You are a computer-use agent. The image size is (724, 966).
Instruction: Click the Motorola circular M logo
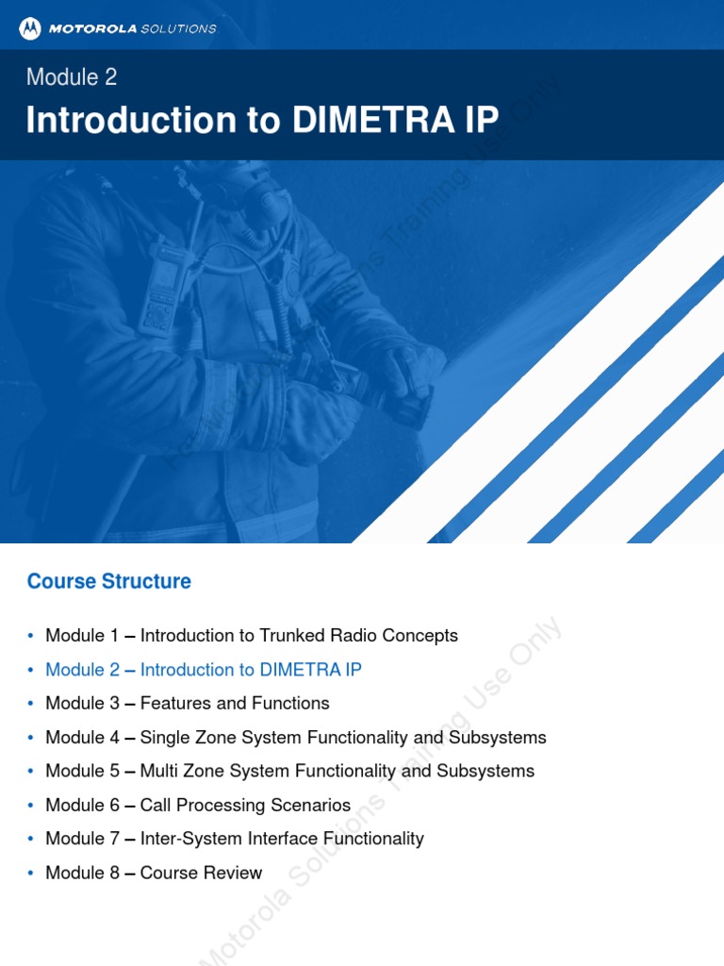pos(30,28)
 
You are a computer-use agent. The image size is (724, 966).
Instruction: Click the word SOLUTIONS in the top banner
pos(178,28)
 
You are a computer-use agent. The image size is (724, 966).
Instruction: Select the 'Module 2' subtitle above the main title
pos(72,77)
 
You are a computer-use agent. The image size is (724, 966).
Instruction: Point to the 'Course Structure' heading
pos(109,581)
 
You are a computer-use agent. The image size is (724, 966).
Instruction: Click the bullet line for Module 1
pos(251,636)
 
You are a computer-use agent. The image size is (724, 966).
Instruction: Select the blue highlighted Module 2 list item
pos(203,670)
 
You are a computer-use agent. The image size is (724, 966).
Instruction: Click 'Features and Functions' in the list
pos(235,704)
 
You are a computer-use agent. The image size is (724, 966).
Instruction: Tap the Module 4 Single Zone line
pos(295,738)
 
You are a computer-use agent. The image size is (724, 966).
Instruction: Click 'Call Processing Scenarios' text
pos(245,806)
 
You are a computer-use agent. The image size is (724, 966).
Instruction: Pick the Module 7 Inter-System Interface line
pos(235,840)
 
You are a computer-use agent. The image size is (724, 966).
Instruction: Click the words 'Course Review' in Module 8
pos(201,874)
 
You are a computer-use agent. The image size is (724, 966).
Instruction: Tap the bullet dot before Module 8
pos(31,874)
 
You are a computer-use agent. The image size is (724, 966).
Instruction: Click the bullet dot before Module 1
pos(31,636)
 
